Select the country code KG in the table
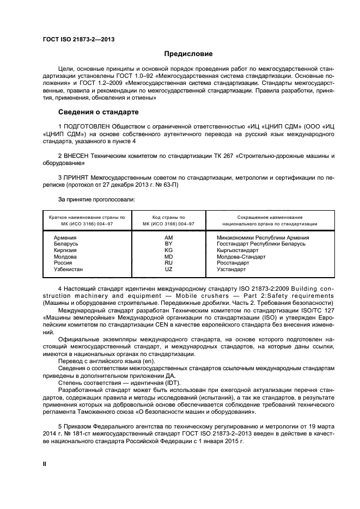pos(168,250)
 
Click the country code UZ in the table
pos(168,269)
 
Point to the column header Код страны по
pos(168,217)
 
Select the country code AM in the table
pos(168,237)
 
